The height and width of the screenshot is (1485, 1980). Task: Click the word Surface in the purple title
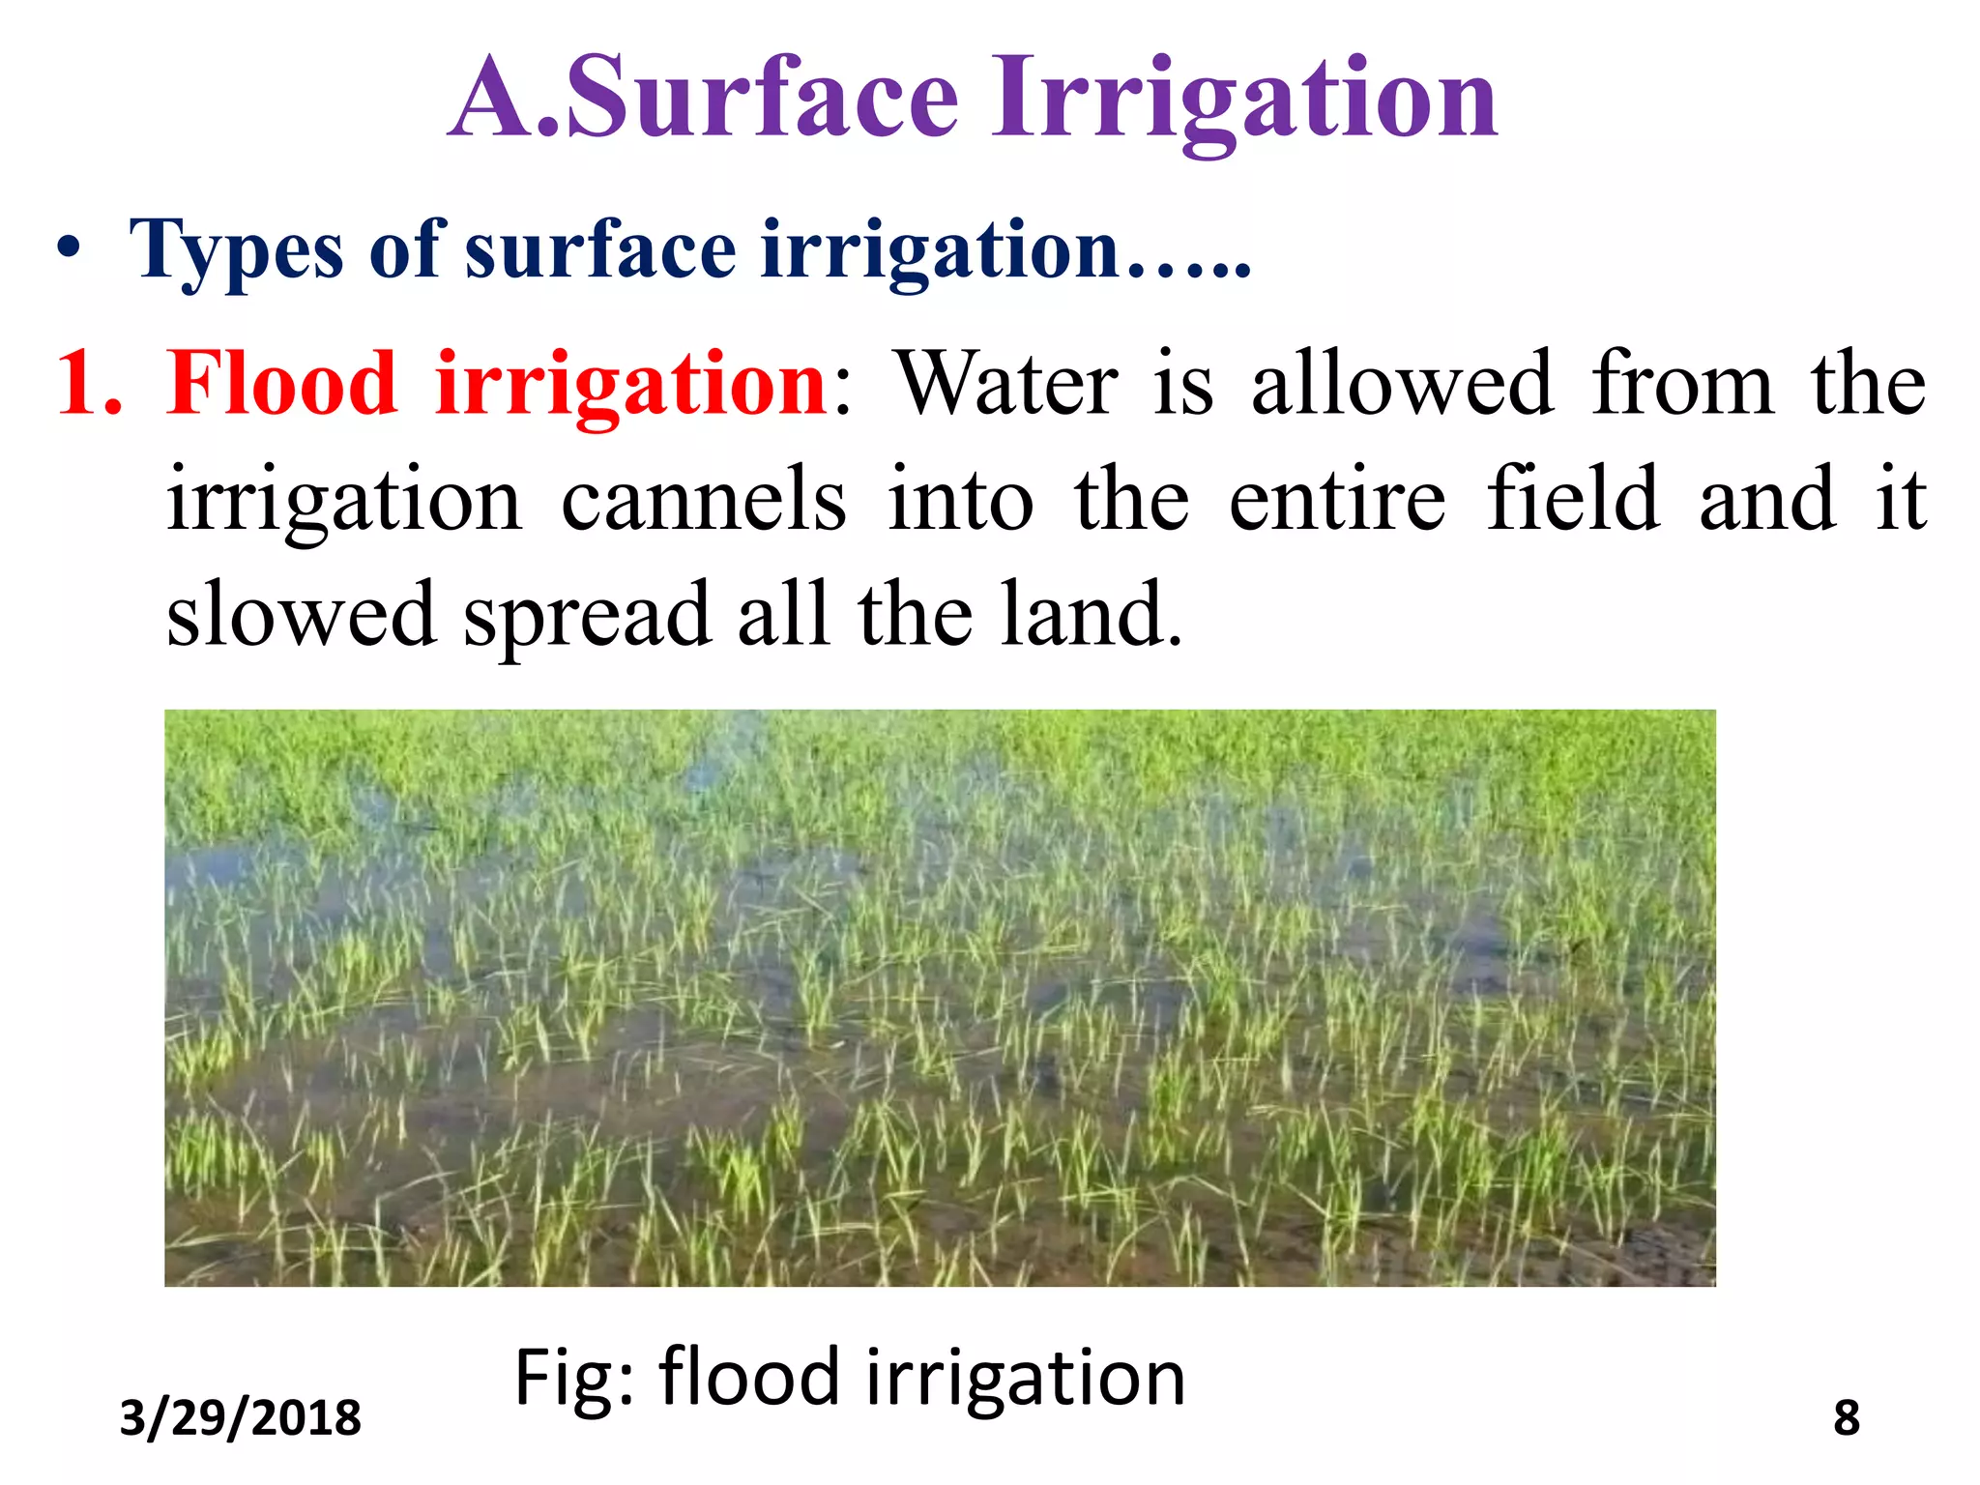(764, 99)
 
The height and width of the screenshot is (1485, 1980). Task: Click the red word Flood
(281, 384)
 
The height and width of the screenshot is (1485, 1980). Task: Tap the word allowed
(1403, 384)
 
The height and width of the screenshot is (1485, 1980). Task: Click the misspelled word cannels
(703, 500)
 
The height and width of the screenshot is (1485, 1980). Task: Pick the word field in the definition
(1573, 500)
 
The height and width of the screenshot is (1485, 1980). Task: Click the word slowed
(301, 615)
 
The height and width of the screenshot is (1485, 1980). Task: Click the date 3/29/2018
(240, 1418)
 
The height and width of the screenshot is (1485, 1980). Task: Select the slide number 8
(1846, 1418)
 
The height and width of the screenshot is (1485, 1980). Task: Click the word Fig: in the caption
(574, 1379)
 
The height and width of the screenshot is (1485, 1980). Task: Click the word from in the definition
(1683, 384)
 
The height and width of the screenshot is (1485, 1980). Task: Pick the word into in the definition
(960, 500)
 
